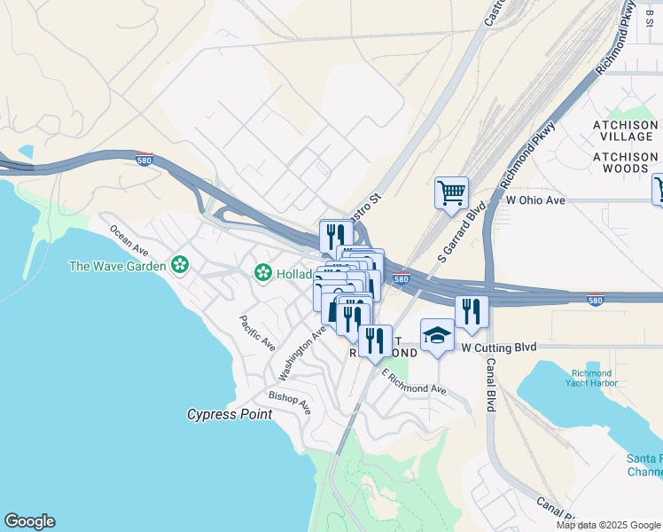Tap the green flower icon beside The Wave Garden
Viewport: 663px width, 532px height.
coord(180,265)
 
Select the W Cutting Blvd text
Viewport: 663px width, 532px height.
coord(499,348)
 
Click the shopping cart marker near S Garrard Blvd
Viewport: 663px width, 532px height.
coord(451,192)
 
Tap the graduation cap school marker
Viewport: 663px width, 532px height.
coord(436,335)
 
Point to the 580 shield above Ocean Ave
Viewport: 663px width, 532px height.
coord(144,160)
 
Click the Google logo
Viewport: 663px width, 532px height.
coord(29,521)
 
